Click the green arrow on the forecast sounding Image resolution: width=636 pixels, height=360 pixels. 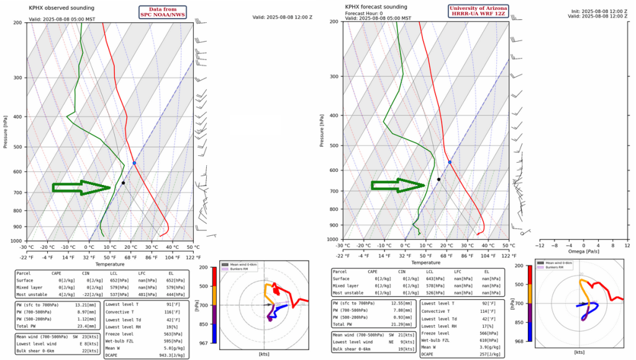(398, 185)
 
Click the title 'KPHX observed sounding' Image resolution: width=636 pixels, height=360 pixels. (61, 8)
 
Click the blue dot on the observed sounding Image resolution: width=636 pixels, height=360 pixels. (134, 163)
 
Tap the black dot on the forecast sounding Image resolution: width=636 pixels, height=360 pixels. (438, 179)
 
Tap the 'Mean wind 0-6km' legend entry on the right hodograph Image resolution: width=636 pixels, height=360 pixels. (562, 264)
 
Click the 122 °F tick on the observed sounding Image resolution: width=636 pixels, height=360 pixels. (193, 257)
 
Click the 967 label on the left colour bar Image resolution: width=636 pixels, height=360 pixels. (203, 343)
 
